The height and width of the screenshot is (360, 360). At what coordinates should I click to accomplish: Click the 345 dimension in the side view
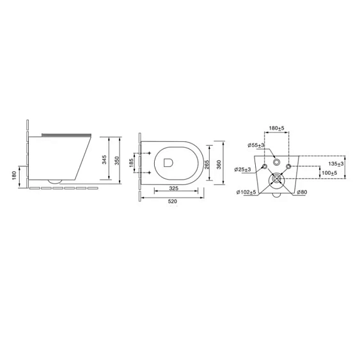104,160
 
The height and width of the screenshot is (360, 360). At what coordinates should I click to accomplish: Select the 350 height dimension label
117,160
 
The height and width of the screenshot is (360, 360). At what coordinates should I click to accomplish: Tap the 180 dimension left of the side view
14,176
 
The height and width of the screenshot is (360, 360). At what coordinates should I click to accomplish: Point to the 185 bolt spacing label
131,163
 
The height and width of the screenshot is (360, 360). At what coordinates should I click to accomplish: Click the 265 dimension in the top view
207,164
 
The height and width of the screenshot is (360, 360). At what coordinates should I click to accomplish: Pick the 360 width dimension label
219,164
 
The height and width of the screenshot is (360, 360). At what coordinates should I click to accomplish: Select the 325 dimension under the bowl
173,188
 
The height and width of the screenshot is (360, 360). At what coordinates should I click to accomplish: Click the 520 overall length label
173,201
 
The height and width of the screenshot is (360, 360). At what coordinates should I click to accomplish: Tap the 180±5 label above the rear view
276,128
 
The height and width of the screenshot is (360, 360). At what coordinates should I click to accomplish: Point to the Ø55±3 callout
256,145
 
